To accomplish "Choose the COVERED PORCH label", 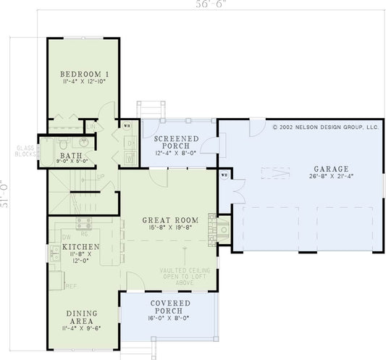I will coord(170,306).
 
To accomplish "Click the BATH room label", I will coord(71,156).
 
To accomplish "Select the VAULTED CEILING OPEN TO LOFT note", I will coord(188,277).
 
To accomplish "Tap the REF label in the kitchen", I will coord(70,287).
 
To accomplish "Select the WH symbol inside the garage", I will coord(224,175).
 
